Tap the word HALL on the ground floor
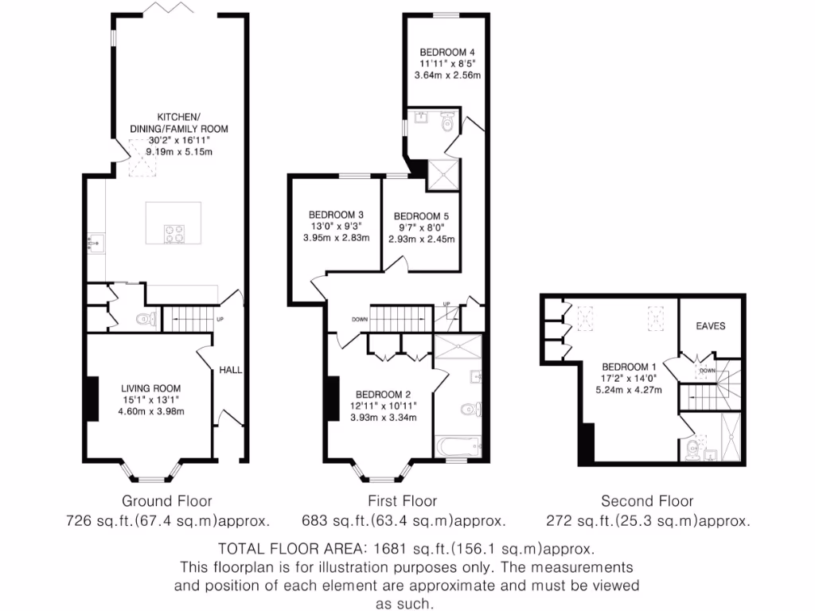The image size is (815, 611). pyautogui.click(x=232, y=370)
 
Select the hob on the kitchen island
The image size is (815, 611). pyautogui.click(x=174, y=234)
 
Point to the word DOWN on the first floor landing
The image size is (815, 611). pyautogui.click(x=360, y=319)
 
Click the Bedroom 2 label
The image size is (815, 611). pyautogui.click(x=383, y=395)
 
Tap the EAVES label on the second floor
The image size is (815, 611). pyautogui.click(x=711, y=326)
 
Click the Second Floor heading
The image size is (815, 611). pyautogui.click(x=647, y=501)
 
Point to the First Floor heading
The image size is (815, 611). pyautogui.click(x=402, y=501)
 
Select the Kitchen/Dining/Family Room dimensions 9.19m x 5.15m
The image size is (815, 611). pyautogui.click(x=180, y=151)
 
